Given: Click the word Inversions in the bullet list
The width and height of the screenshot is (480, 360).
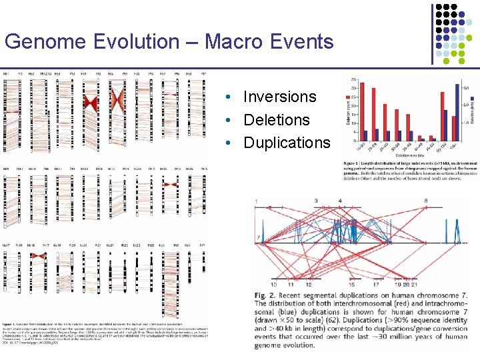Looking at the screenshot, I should click(x=279, y=97).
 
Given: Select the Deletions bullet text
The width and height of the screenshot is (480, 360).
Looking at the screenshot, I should click(x=277, y=120).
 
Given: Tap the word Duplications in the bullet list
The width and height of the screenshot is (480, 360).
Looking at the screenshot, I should click(x=287, y=143).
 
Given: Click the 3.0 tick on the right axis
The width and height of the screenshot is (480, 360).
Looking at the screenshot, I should click(x=466, y=88).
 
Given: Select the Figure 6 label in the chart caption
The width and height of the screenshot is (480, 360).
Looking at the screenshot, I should click(x=354, y=162).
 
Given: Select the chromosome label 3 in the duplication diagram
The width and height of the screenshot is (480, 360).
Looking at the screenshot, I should click(x=315, y=201).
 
